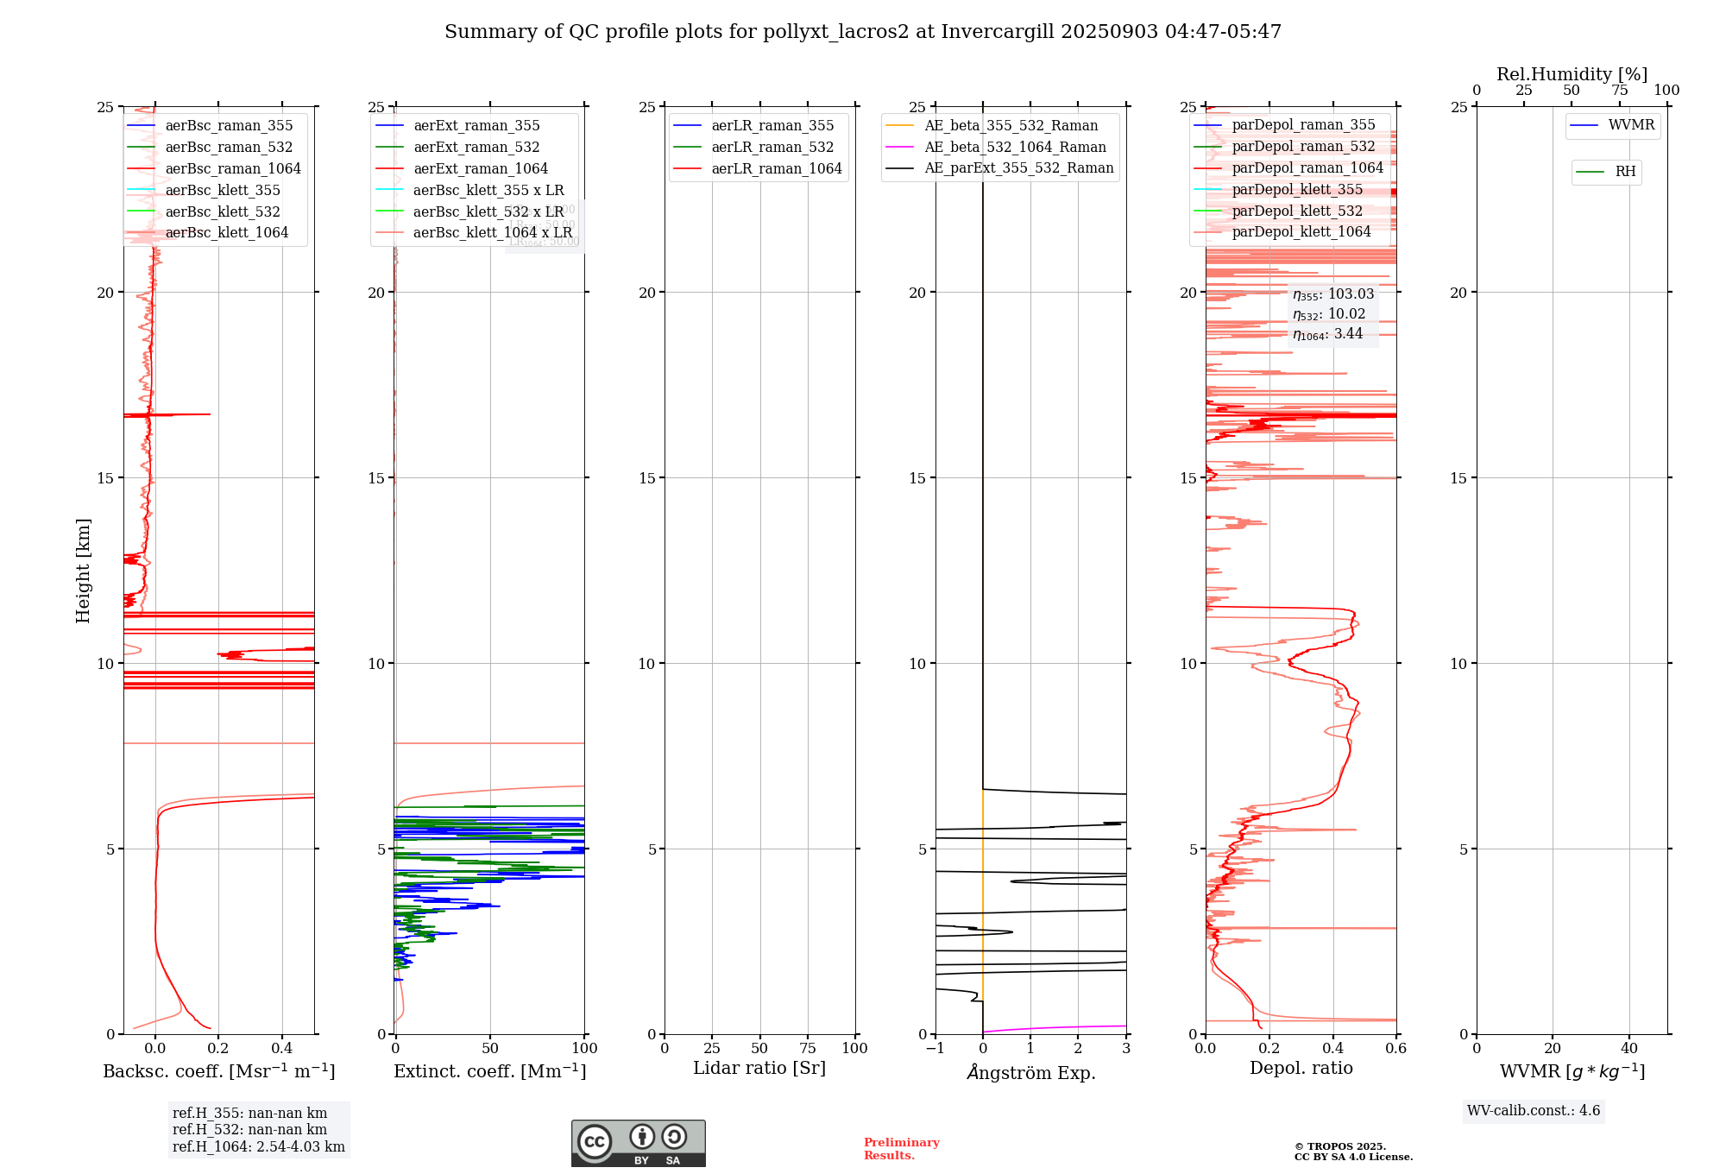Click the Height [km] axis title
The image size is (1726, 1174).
point(83,571)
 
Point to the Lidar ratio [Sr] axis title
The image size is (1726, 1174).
point(759,1069)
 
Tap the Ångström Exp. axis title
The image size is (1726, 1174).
point(1031,1073)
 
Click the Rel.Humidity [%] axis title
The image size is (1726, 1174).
point(1572,74)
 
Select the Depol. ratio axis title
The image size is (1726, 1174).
point(1301,1069)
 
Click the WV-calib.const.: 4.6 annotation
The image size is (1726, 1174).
point(1534,1111)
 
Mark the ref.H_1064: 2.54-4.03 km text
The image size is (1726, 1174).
point(259,1147)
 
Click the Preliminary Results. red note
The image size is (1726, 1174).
point(901,1149)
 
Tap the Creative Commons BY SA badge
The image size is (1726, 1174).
point(638,1143)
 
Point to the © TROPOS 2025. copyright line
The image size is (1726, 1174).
point(1340,1146)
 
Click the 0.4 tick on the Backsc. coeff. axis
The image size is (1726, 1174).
point(282,1049)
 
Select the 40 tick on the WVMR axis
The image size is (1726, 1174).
point(1629,1049)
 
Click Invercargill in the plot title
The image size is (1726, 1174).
point(998,32)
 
